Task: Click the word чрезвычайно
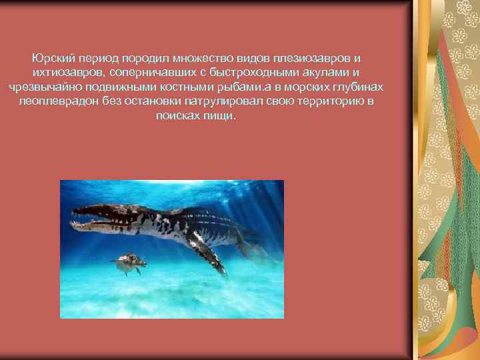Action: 40,87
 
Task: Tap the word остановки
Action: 150,101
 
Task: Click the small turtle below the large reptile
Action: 128,263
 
